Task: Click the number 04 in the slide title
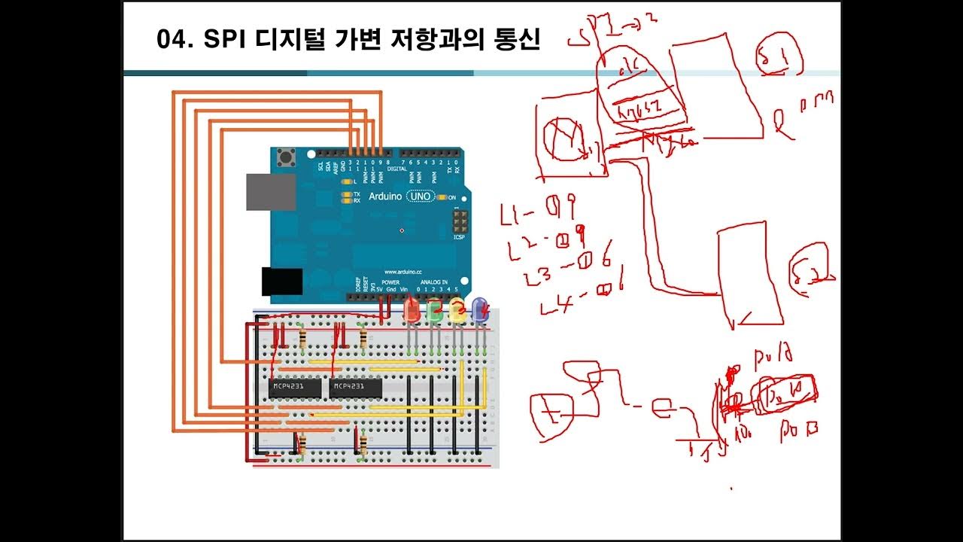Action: pos(172,39)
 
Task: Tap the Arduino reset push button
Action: pos(286,159)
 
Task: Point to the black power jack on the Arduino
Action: pos(282,281)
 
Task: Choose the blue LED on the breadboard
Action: pos(479,309)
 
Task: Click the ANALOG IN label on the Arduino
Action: pos(434,282)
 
